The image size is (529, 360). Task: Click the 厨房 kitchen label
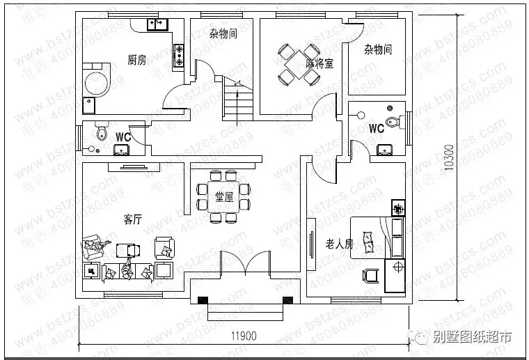[x=136, y=60]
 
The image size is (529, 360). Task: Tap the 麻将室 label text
[x=319, y=63]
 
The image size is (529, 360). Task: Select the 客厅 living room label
[x=133, y=219]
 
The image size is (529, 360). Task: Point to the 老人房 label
[x=340, y=244]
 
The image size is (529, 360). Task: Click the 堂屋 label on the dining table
[x=223, y=196]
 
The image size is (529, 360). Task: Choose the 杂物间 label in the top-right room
[x=378, y=49]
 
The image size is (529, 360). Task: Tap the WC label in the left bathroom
[x=123, y=136]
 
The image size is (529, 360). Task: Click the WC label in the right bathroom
[x=376, y=129]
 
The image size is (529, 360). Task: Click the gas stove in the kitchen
[x=178, y=55]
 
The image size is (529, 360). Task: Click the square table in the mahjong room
[x=294, y=63]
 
